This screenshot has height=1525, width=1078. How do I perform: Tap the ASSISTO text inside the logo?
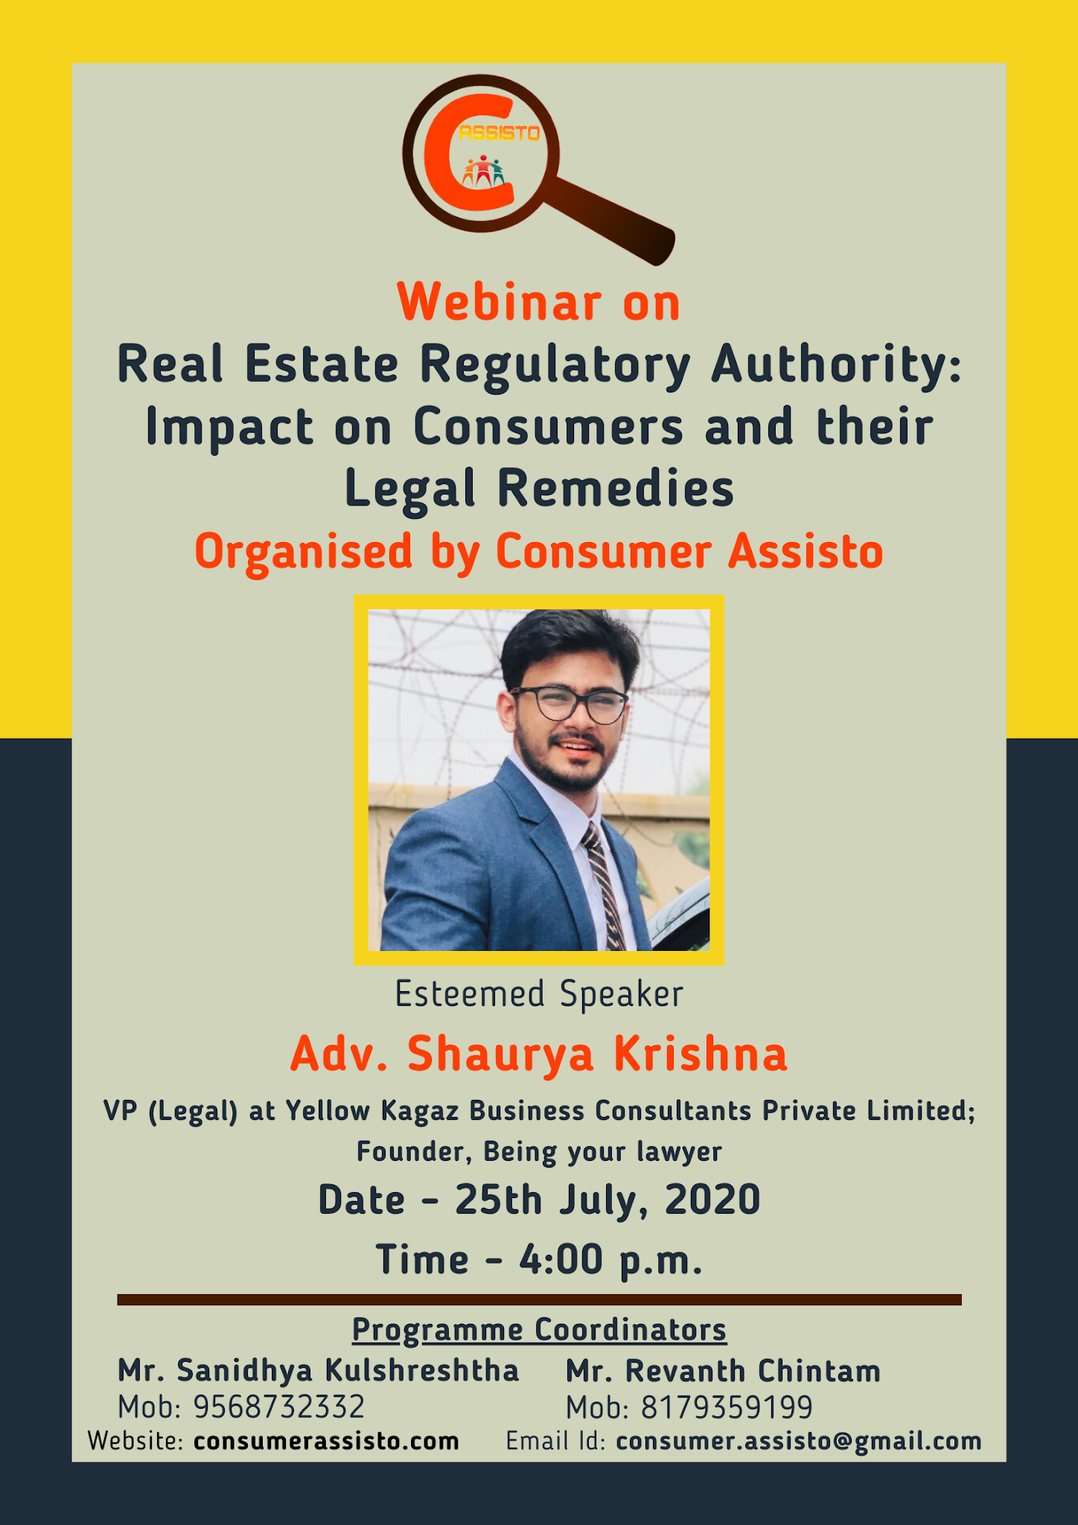(500, 133)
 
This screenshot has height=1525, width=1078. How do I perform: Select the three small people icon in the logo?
(483, 172)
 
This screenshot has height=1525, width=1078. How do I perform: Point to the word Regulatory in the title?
(555, 365)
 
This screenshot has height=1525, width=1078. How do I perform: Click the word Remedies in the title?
(616, 489)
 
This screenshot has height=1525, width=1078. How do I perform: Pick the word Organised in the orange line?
(303, 552)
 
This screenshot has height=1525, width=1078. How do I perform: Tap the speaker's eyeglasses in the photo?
(570, 704)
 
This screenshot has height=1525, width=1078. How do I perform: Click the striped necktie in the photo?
(605, 886)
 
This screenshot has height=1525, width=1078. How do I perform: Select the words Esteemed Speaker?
(539, 994)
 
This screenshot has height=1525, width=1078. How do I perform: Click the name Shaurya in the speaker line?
(500, 1054)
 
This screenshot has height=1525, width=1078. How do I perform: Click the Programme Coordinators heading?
(539, 1329)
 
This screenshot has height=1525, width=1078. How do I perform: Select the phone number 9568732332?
(279, 1407)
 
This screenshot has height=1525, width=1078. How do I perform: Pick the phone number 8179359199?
(727, 1407)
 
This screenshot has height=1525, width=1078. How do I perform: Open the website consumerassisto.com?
(326, 1441)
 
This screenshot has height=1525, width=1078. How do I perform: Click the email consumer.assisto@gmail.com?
(799, 1441)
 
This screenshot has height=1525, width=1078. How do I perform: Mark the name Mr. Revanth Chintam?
(723, 1371)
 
